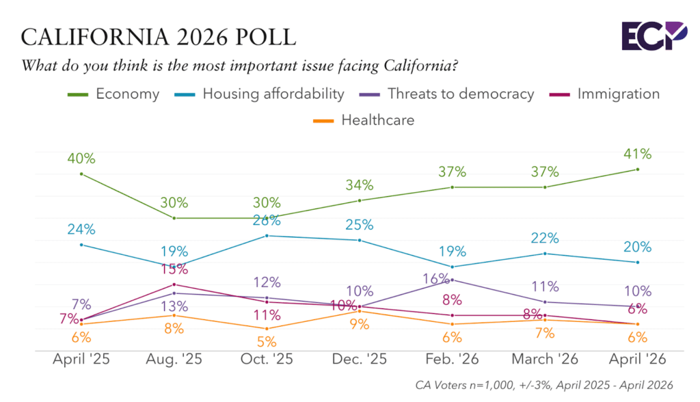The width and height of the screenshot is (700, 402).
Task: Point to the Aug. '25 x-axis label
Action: point(174,358)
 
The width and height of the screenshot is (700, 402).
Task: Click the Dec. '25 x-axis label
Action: point(360,358)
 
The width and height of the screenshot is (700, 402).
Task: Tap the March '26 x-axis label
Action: point(544,358)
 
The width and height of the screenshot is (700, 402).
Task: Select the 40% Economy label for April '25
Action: point(81,159)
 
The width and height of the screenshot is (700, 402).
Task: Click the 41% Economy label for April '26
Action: point(637,154)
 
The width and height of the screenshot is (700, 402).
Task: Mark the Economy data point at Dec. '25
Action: point(360,200)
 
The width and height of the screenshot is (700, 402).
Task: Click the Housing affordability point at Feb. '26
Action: point(452,267)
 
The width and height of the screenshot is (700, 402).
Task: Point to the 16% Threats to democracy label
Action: point(437,278)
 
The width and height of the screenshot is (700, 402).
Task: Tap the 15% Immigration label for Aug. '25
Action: point(174,271)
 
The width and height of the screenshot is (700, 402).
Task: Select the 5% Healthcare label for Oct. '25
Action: point(267,341)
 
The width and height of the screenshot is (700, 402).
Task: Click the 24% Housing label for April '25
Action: point(81,230)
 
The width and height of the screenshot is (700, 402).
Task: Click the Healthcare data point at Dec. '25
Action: point(360,311)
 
